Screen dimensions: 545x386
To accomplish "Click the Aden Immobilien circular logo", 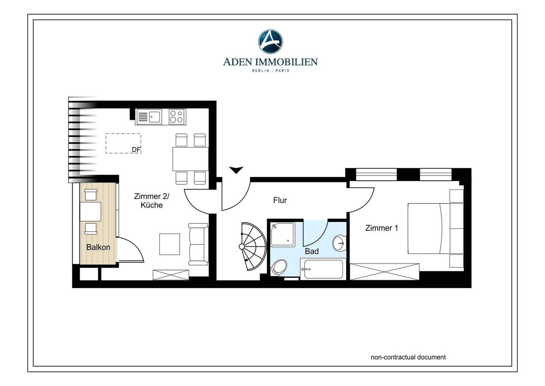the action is pos(270,41).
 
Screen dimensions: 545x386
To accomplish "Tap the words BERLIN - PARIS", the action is pos(270,71).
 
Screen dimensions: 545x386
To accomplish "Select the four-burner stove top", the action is pos(177,116).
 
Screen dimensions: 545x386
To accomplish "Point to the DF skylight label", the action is pos(136,149).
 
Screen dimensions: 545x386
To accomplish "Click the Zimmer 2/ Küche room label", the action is pos(151,201).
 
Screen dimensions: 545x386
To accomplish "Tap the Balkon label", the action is pos(98,247).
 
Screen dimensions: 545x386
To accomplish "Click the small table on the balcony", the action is pos(90,212).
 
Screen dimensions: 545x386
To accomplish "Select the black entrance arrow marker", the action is pos(236,170).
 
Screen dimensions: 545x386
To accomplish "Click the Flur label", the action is pos(280,200).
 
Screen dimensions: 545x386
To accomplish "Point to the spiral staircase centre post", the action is pos(242,246).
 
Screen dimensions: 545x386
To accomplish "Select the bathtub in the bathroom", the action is pos(322,269).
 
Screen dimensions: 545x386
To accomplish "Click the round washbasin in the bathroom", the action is pos(339,243).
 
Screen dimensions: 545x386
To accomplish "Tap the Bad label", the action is pos(312,251).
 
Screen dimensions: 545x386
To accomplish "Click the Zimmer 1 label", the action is pos(381,228).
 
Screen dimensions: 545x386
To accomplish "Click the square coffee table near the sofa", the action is pos(170,244).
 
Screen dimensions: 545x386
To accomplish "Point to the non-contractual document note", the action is pos(408,357).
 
